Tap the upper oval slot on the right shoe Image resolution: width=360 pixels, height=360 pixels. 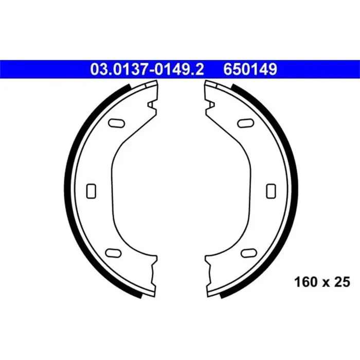(246, 122)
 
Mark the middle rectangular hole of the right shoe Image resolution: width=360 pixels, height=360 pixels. (270, 190)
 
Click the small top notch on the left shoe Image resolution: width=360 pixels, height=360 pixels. (152, 105)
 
